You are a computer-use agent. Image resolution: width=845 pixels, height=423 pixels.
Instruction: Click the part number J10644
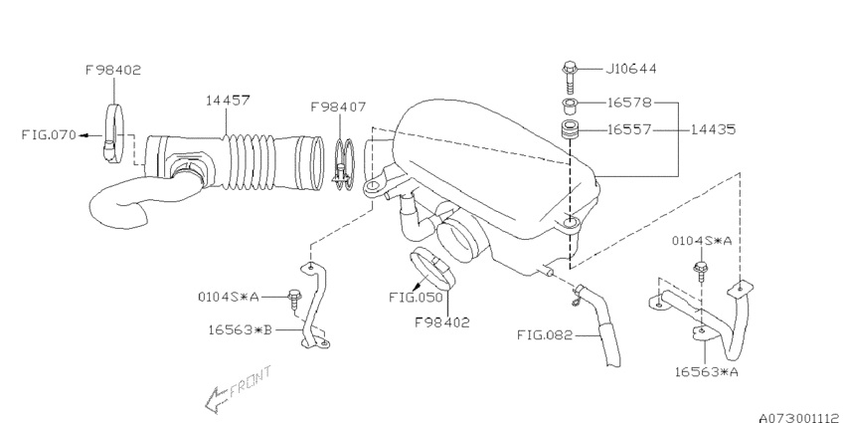click(631, 69)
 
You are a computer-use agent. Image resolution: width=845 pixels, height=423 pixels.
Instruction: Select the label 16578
click(629, 103)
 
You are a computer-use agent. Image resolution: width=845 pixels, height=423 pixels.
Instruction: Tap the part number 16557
click(629, 129)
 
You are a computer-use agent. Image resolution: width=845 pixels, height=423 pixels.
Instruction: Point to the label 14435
click(713, 129)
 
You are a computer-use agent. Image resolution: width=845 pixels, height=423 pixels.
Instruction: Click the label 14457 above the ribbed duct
click(228, 100)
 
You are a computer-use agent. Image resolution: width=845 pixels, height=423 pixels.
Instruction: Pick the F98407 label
click(338, 106)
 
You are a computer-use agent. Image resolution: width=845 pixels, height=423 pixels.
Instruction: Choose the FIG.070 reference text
click(49, 134)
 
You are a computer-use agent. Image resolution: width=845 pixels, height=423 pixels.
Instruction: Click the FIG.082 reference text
click(545, 335)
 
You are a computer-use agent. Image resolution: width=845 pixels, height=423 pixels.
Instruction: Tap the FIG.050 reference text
click(416, 298)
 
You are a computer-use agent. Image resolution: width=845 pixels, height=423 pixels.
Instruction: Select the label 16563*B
click(240, 329)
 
